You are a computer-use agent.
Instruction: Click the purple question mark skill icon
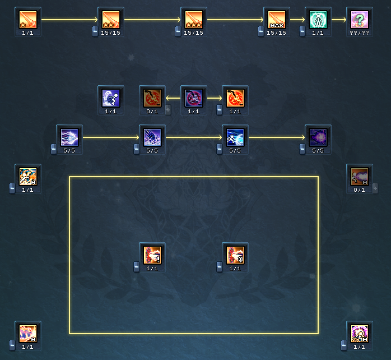359,20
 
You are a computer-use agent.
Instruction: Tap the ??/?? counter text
359,33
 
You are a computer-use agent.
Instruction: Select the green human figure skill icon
318,20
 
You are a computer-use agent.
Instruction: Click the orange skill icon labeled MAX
276,20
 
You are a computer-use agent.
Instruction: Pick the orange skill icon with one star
27,20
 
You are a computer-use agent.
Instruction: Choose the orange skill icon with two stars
110,20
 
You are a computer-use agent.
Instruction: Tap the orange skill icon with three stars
193,20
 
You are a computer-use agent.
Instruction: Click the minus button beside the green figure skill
302,30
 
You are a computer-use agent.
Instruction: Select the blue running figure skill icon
110,98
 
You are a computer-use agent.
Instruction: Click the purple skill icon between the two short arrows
193,98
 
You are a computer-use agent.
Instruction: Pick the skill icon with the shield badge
235,255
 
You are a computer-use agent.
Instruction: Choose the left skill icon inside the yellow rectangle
152,255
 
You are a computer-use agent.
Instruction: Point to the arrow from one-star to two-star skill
69,20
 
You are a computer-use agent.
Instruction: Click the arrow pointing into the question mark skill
338,20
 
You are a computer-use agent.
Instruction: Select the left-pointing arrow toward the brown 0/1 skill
173,98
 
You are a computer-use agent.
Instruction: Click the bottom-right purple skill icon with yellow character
359,334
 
